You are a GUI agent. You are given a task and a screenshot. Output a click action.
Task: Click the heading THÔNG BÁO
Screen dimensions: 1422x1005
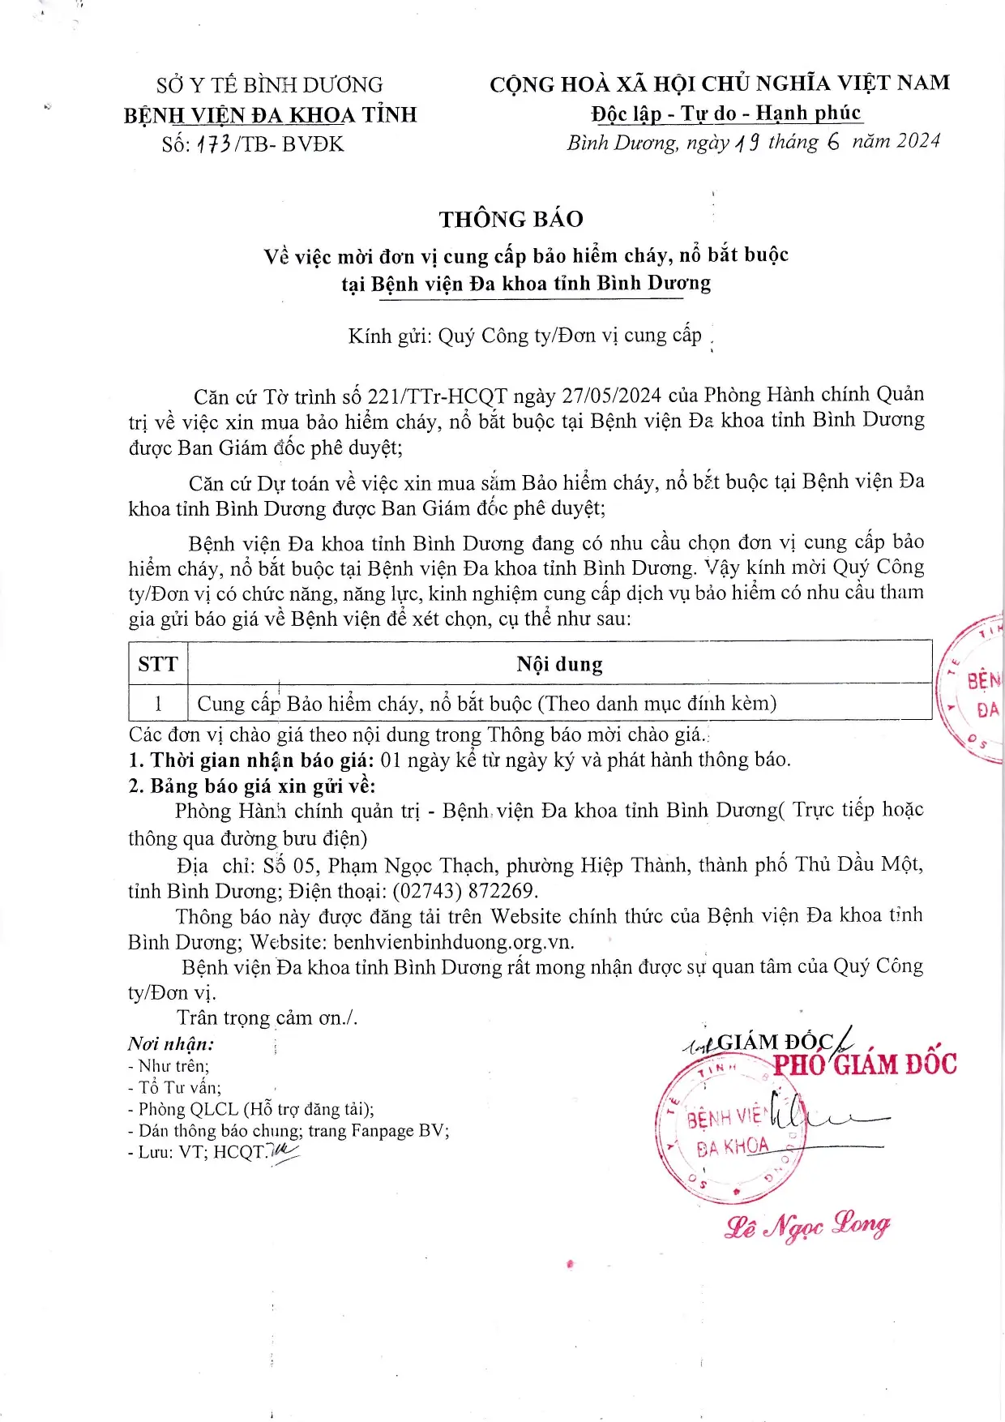(511, 219)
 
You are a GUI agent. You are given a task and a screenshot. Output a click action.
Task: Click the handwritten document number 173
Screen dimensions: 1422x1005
(214, 145)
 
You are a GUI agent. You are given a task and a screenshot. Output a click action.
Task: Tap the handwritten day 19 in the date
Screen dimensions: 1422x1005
(747, 143)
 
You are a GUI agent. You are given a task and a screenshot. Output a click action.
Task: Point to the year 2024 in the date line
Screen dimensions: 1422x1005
(918, 141)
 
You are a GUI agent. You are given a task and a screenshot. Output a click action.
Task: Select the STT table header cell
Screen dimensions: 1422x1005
(158, 665)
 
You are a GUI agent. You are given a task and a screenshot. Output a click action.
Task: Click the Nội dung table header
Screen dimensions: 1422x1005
(559, 665)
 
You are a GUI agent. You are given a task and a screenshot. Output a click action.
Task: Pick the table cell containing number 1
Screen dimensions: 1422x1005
(158, 704)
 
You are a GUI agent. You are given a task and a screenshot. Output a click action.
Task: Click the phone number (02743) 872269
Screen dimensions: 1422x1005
(464, 891)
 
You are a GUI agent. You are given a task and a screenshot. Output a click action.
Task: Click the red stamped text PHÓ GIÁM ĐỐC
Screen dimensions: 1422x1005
(864, 1064)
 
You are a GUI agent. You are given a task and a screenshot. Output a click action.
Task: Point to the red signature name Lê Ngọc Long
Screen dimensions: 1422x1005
(807, 1225)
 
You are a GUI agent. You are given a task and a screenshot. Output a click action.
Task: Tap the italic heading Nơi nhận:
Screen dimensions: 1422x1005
(170, 1044)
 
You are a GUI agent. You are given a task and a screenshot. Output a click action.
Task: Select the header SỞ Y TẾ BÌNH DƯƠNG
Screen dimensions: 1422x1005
(269, 85)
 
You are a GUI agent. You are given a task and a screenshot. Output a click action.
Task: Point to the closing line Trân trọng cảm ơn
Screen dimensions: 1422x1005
(267, 1017)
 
